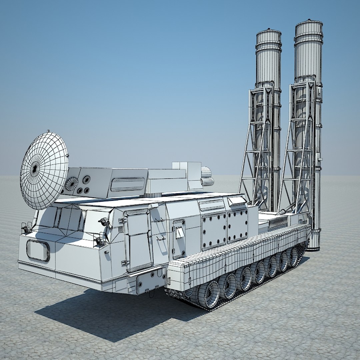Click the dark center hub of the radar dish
click(x=35, y=169)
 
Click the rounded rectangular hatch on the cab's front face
click(x=38, y=250)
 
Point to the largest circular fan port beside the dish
click(x=71, y=184)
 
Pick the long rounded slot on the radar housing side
click(x=128, y=184)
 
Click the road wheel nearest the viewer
click(x=208, y=294)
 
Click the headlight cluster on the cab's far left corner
click(x=26, y=228)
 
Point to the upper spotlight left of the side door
click(x=105, y=222)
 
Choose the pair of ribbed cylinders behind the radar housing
click(x=207, y=177)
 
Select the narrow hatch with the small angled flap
click(x=179, y=238)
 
